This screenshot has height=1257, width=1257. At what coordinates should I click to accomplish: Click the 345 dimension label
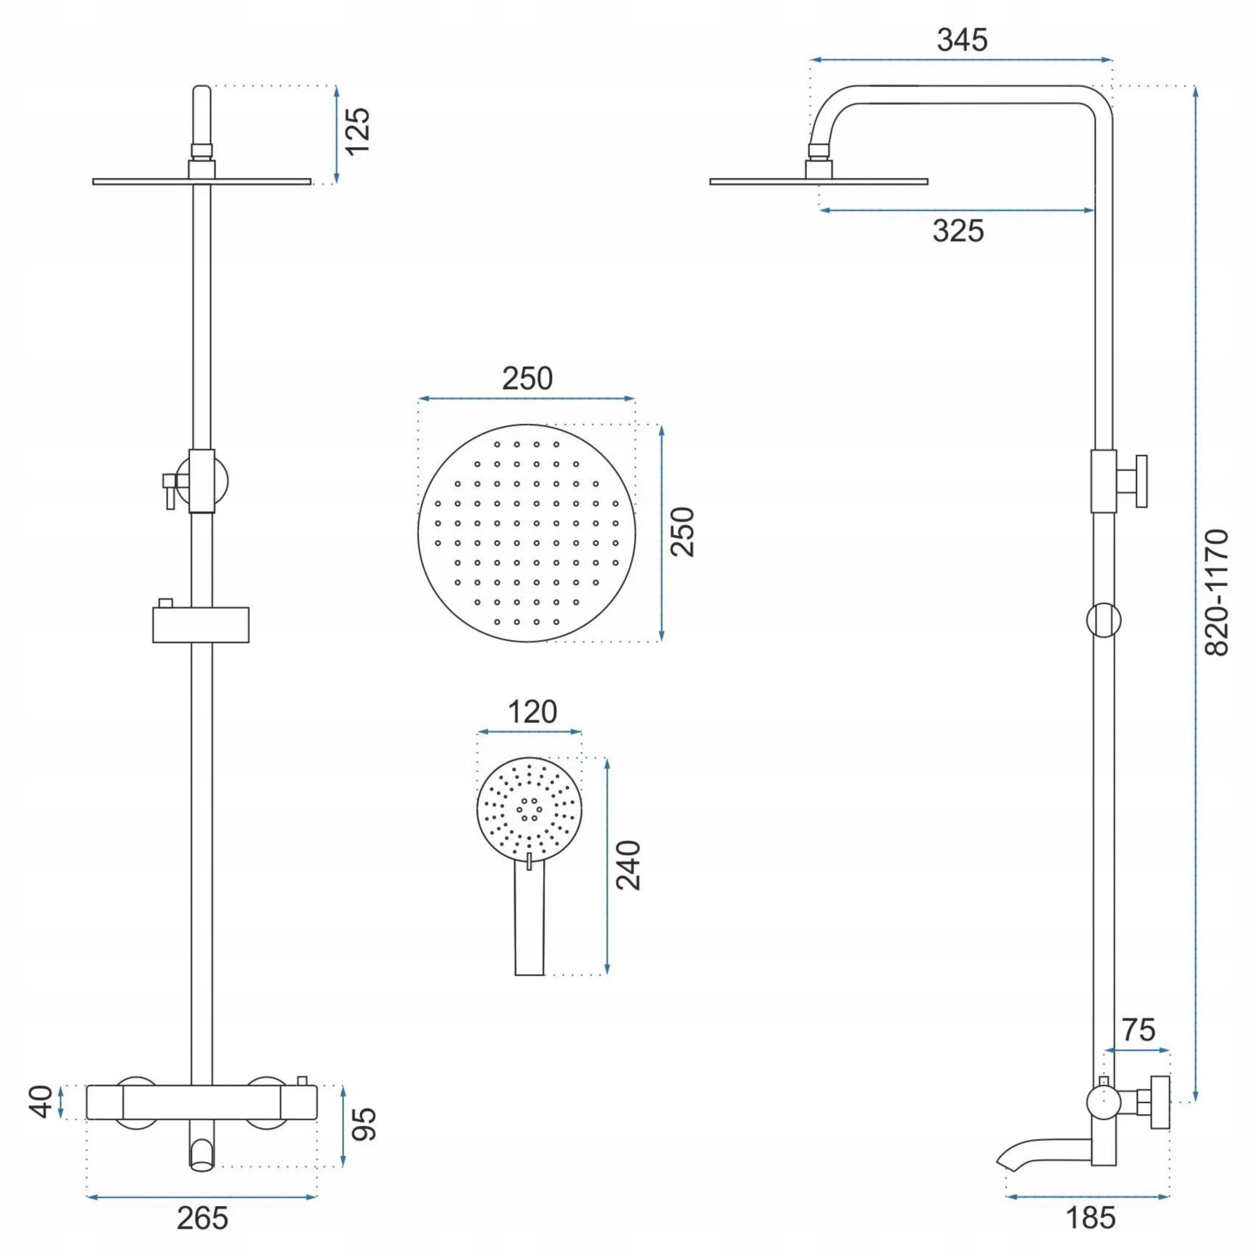(961, 40)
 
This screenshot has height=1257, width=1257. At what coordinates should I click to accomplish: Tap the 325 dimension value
(957, 231)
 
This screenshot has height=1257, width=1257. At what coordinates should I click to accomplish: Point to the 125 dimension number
(357, 131)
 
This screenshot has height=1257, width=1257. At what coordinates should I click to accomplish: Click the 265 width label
(202, 1218)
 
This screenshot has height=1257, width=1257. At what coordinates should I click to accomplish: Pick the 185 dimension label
(1091, 1217)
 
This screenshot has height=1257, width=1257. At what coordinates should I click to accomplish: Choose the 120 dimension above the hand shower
(532, 712)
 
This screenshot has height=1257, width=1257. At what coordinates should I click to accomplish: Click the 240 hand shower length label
(628, 865)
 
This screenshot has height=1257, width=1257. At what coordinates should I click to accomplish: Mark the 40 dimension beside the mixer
(42, 1101)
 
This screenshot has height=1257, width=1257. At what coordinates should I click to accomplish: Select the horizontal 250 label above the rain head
(527, 379)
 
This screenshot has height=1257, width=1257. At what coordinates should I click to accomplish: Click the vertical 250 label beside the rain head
(683, 532)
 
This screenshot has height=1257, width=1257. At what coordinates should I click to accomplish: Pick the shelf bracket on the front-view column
(201, 625)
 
